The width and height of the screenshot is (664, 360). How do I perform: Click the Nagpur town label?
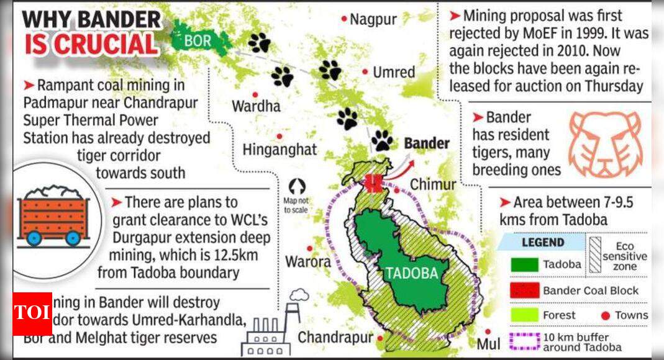coord(373,19)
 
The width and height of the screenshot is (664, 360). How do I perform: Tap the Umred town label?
coord(394,73)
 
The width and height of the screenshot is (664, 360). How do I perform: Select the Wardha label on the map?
coord(256,106)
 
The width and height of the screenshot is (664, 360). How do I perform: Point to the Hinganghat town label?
coord(280,150)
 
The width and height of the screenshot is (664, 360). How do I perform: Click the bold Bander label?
coord(427,143)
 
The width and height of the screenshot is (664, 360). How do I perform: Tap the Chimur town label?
coord(433,184)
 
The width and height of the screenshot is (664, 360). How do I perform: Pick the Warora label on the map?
coord(307,262)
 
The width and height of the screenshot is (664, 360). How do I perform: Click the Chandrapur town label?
coord(335,338)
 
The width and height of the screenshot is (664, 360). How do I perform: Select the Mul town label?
coord(488,344)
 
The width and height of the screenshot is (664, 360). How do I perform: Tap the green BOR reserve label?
coord(198,41)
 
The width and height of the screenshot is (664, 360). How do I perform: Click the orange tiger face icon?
coord(606,145)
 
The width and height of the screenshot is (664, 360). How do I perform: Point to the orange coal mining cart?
coord(54,214)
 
